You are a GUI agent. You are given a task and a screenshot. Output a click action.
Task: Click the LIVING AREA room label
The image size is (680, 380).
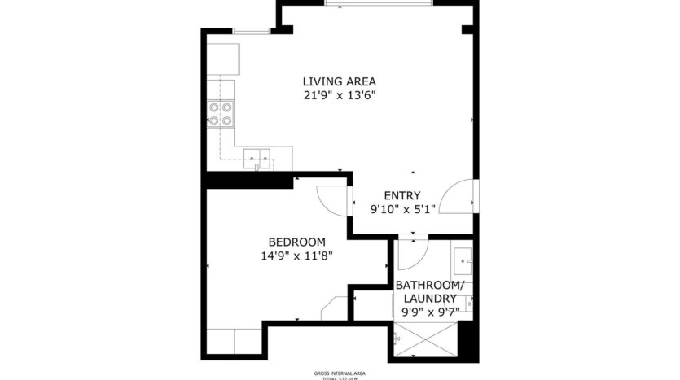[x=340, y=81]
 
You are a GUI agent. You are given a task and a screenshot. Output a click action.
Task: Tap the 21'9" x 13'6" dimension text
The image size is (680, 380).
[x=340, y=95]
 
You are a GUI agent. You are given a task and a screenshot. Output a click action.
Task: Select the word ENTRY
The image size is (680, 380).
[x=402, y=195]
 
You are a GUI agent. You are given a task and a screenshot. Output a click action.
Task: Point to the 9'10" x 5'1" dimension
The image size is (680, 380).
[x=402, y=209]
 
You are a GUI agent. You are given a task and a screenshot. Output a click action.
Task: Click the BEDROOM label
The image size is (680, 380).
[x=297, y=242]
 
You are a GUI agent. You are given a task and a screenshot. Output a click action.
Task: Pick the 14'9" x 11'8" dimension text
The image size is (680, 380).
[x=297, y=256]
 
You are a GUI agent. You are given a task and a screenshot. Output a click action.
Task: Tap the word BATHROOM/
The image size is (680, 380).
[x=430, y=286]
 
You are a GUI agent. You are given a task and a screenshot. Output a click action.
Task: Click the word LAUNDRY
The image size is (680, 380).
[x=429, y=299]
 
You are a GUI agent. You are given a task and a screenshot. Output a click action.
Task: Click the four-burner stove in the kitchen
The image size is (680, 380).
[x=221, y=114]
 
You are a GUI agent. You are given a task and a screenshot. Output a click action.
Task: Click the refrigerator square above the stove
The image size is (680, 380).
[x=223, y=57]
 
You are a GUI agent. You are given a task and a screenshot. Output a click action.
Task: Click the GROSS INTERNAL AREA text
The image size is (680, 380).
[x=340, y=372]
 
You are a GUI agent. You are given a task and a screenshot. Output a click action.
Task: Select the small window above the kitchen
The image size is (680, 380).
[x=251, y=31]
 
